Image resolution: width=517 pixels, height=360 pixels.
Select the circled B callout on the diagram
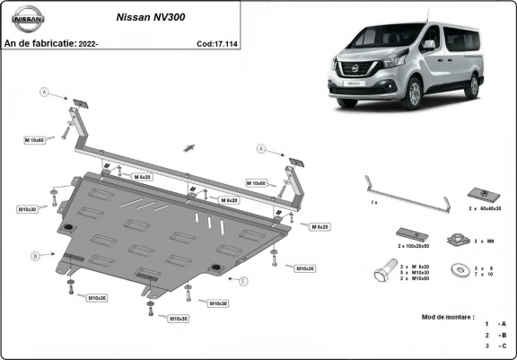pyautogui.click(x=36, y=256)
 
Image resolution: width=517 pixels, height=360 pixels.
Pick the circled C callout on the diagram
pyautogui.click(x=243, y=281)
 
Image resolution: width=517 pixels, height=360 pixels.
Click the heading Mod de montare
pyautogui.click(x=448, y=317)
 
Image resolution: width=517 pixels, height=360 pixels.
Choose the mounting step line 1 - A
pyautogui.click(x=495, y=323)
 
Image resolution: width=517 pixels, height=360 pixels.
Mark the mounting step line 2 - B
pyautogui.click(x=495, y=334)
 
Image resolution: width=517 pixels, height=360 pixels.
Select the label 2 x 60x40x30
pyautogui.click(x=483, y=208)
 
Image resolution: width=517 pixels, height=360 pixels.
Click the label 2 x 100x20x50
pyautogui.click(x=415, y=244)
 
